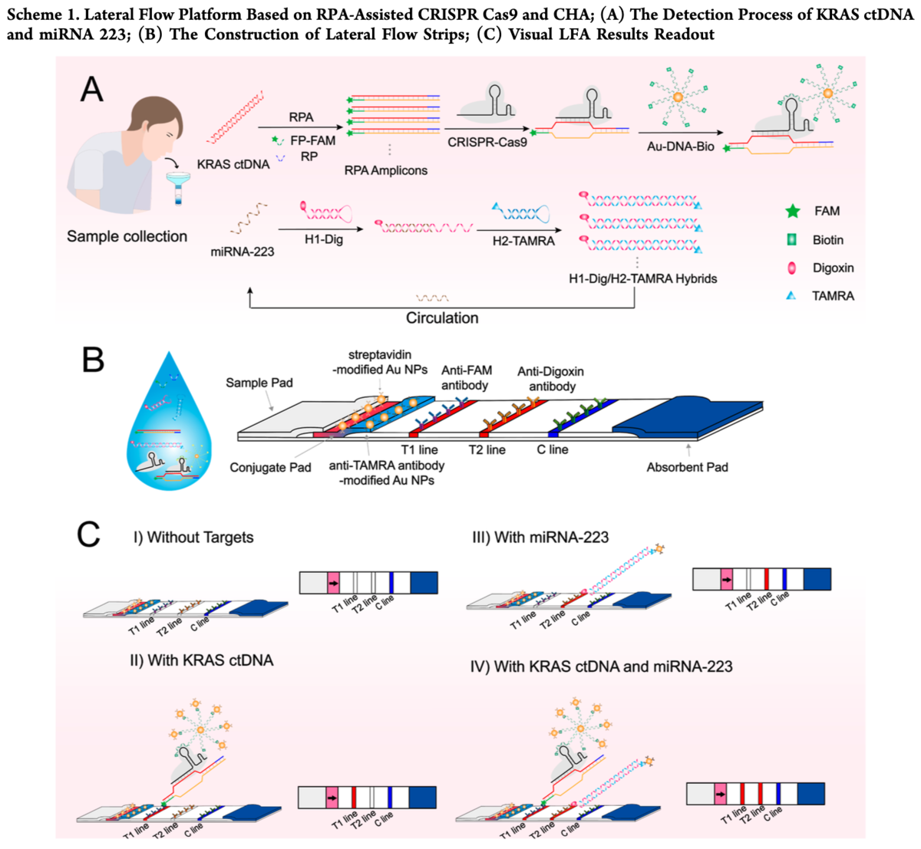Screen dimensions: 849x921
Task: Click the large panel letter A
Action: click(x=92, y=90)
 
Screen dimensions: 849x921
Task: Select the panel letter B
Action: click(x=93, y=360)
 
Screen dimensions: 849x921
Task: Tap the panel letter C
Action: click(x=90, y=535)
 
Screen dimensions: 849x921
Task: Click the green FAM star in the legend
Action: click(x=793, y=211)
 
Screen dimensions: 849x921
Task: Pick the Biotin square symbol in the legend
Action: click(x=793, y=240)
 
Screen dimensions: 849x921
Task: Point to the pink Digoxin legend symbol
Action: click(x=793, y=268)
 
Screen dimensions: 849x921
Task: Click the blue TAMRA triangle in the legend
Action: click(x=792, y=296)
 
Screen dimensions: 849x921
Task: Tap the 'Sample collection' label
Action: click(x=127, y=236)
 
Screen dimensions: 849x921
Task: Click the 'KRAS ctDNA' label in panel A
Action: click(x=233, y=164)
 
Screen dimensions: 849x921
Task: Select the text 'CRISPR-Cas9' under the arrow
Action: click(x=487, y=142)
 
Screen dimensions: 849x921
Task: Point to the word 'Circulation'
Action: click(x=442, y=318)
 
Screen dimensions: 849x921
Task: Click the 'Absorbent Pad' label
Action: click(x=687, y=466)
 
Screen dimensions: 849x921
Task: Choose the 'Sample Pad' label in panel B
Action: click(x=259, y=383)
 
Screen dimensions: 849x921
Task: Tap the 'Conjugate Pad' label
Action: click(x=270, y=467)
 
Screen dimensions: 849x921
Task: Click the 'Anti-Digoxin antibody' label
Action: click(x=550, y=379)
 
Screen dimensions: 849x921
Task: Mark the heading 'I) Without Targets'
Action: click(x=193, y=537)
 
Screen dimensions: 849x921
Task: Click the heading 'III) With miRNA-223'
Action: click(x=540, y=537)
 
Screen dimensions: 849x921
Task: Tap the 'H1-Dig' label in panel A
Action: click(x=323, y=239)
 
